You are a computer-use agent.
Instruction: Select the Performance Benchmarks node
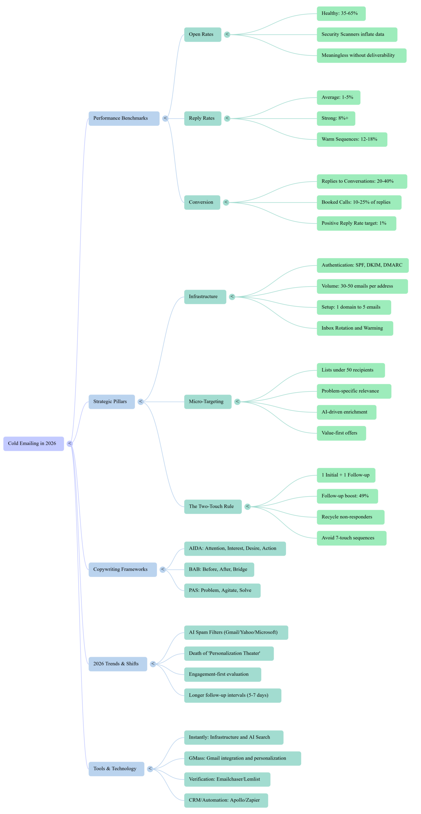(124, 118)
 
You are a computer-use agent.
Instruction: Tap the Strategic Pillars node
(111, 402)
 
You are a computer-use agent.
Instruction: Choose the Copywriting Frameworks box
(123, 569)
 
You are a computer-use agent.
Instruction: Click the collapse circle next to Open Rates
(227, 34)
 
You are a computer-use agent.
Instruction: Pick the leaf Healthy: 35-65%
(341, 13)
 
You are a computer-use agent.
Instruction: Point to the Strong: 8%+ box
(336, 118)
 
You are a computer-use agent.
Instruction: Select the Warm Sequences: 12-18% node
(352, 139)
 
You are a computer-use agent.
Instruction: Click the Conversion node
(202, 202)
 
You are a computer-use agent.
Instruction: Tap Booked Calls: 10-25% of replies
(359, 202)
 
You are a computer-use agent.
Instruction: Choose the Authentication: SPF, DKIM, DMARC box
(362, 265)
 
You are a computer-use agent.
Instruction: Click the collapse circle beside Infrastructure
(232, 297)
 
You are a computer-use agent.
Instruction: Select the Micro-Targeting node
(207, 402)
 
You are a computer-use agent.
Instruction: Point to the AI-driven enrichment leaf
(346, 412)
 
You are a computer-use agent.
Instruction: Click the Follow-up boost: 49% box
(347, 496)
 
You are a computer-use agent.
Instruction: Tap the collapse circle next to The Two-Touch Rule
(248, 507)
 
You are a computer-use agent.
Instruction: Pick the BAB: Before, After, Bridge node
(219, 569)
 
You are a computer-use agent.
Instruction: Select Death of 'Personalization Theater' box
(229, 653)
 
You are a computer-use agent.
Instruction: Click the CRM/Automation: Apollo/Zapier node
(226, 800)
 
